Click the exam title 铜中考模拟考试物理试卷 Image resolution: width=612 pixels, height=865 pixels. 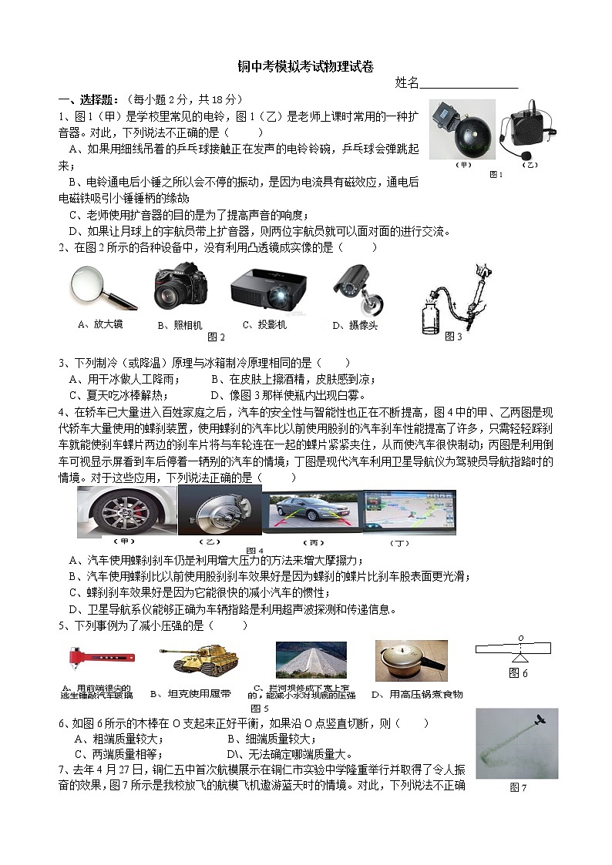(306, 68)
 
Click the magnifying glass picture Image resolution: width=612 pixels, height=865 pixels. (103, 287)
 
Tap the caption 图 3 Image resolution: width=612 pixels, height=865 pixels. (454, 336)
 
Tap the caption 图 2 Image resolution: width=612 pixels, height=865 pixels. (217, 337)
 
